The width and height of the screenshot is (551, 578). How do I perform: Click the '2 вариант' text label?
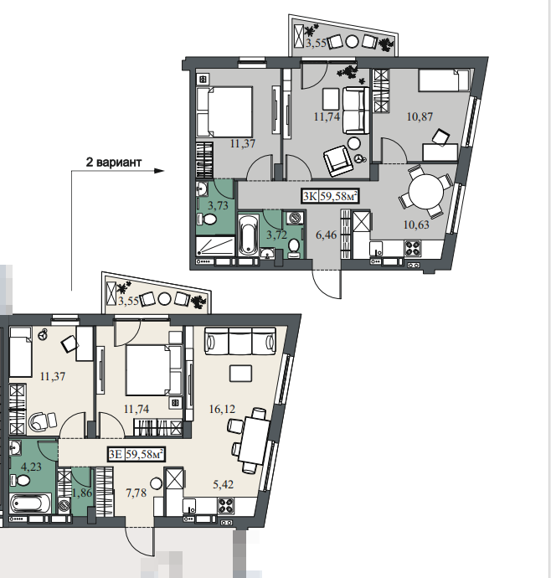[114, 163]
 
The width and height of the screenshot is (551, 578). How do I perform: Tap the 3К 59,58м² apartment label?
[330, 196]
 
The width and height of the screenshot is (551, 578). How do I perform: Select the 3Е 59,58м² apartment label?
[136, 454]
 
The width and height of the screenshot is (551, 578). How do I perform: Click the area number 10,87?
[420, 116]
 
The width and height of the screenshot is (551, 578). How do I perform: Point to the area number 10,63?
[416, 224]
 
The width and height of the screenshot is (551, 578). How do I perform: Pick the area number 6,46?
[327, 235]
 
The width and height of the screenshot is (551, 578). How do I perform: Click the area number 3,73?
[218, 205]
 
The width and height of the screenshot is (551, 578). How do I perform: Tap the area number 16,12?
[222, 409]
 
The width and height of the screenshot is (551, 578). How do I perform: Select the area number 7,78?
[136, 493]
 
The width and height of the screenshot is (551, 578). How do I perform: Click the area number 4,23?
[31, 467]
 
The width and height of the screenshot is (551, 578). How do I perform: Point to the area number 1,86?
[82, 493]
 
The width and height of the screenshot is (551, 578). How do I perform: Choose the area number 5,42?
[223, 484]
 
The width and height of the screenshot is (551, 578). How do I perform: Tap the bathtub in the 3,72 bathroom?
[248, 235]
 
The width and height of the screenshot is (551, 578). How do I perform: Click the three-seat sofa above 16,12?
[240, 341]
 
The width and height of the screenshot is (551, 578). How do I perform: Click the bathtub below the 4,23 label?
[31, 503]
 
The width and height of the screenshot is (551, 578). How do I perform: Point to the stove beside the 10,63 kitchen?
[413, 248]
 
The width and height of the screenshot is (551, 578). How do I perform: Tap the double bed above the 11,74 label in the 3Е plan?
[153, 370]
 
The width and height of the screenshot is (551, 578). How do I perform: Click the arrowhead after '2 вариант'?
[159, 171]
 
